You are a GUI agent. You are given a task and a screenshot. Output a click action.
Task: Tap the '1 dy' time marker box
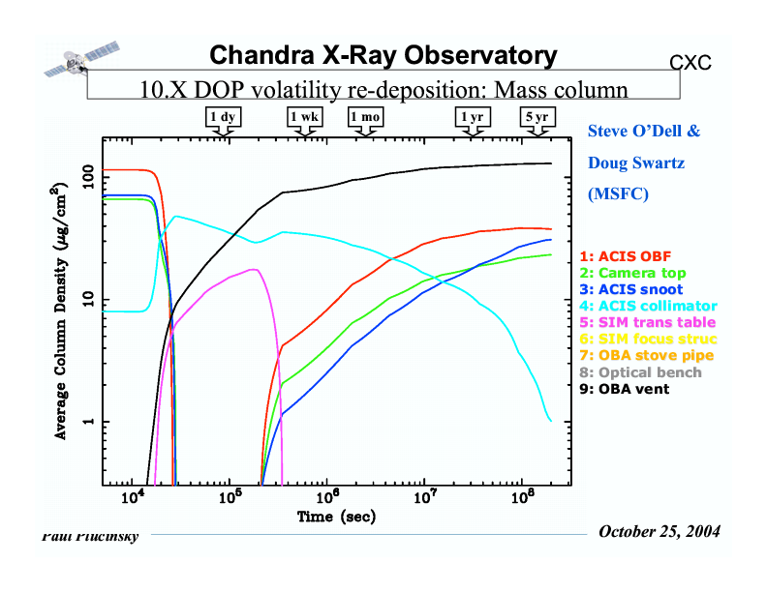coord(224,117)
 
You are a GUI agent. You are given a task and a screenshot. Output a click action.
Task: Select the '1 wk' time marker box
coord(304,117)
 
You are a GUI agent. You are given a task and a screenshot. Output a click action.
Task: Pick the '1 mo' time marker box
coord(366,117)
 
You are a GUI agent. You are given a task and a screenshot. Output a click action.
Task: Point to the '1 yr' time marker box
coord(473,117)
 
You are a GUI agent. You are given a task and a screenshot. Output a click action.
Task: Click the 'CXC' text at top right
coord(690,64)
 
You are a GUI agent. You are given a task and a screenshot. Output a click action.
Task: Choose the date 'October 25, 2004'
coord(660,532)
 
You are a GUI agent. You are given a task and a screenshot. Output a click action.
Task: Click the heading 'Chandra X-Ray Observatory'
coord(383,56)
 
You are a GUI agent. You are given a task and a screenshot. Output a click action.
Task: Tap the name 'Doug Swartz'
coord(636,163)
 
